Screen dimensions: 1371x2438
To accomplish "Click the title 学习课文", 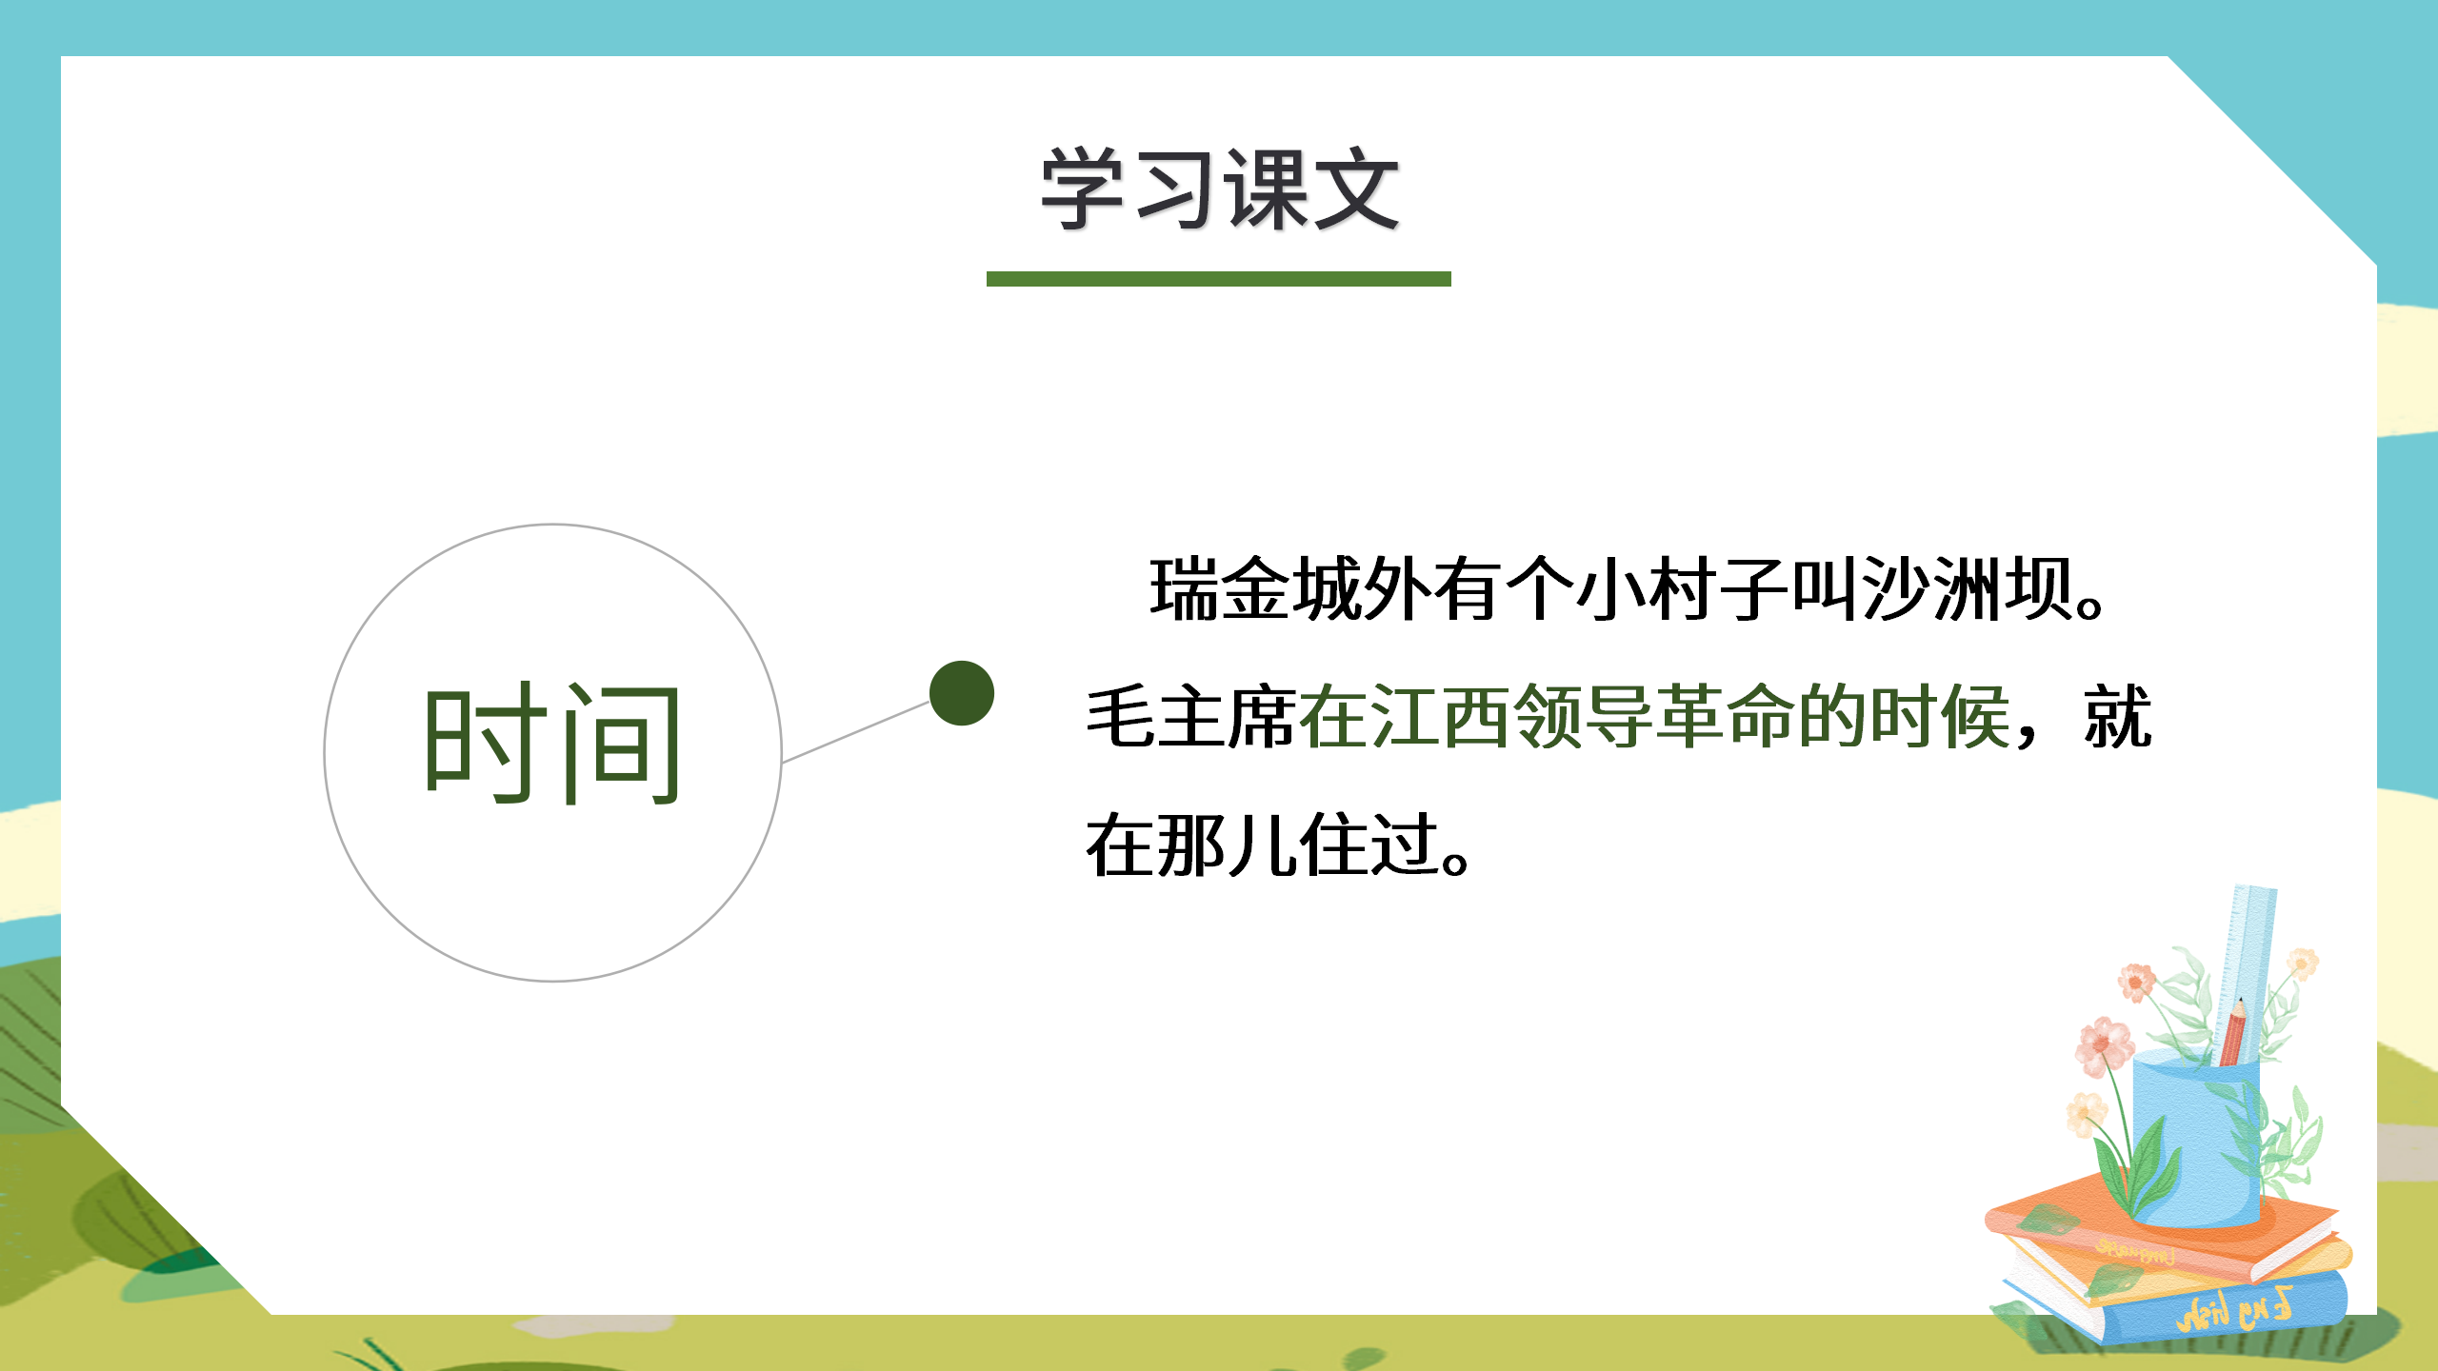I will pos(1219,190).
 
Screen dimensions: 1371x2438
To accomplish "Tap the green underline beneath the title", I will pos(1219,279).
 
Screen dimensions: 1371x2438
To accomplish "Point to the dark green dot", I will pos(962,693).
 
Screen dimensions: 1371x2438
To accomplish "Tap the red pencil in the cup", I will pos(2232,1033).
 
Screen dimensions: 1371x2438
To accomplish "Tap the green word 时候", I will pos(1940,717).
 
